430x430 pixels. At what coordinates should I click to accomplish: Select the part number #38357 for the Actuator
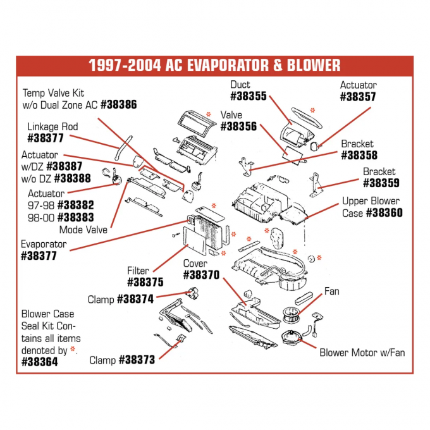(x=358, y=97)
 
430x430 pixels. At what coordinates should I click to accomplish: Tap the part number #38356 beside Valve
(x=238, y=126)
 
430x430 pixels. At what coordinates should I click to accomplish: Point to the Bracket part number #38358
(x=359, y=155)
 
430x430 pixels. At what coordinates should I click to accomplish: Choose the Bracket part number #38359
(x=379, y=183)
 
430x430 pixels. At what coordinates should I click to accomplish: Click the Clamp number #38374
(x=135, y=299)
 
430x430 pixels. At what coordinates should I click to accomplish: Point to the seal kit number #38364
(x=39, y=362)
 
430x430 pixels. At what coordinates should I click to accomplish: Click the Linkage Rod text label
(x=52, y=126)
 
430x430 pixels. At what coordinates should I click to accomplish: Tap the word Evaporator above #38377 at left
(x=44, y=244)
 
